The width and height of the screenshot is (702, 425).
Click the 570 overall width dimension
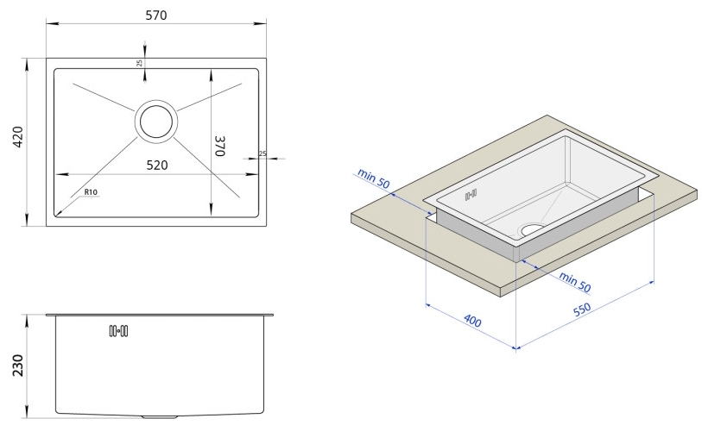pyautogui.click(x=156, y=16)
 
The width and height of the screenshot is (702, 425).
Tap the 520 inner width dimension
pyautogui.click(x=156, y=164)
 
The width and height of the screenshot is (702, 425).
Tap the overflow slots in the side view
pyautogui.click(x=118, y=330)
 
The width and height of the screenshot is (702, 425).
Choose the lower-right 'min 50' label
pyautogui.click(x=573, y=282)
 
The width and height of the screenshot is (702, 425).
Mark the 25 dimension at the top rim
pyautogui.click(x=138, y=63)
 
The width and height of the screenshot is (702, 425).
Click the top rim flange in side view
pyautogui.click(x=159, y=315)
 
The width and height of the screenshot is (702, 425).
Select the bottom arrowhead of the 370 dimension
pyautogui.click(x=212, y=211)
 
